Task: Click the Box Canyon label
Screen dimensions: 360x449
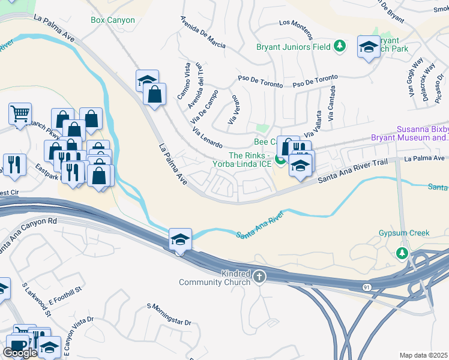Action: pos(113,20)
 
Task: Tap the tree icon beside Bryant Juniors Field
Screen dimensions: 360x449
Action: pos(340,46)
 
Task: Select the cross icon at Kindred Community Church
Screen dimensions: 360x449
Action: pos(259,277)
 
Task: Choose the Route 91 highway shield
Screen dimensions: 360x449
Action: pos(367,287)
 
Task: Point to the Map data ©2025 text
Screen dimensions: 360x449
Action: pos(424,355)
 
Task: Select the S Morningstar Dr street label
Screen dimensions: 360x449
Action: pos(169,314)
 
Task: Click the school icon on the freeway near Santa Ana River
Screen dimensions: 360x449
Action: pos(180,239)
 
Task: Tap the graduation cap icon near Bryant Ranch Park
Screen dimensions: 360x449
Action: pos(368,47)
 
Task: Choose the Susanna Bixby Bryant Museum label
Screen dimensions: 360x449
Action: pos(423,134)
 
